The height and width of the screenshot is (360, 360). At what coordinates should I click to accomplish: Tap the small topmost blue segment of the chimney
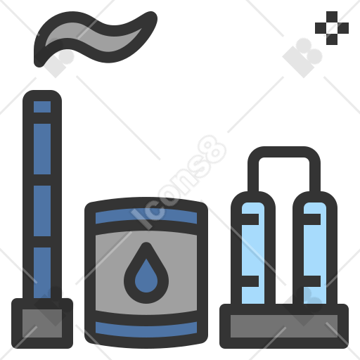[x=42, y=107]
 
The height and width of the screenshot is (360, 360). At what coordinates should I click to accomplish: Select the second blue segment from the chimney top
[x=42, y=149]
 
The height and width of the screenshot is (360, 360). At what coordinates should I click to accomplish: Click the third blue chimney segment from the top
[x=42, y=211]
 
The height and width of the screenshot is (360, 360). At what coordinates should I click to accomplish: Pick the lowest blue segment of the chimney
[x=42, y=273]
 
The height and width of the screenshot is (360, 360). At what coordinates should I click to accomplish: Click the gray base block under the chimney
[x=42, y=323]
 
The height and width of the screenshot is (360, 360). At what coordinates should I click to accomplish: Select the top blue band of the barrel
[x=146, y=216]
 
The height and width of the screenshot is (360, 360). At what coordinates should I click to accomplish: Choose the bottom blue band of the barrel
[x=146, y=330]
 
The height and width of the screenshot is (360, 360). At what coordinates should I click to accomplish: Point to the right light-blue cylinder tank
[x=315, y=253]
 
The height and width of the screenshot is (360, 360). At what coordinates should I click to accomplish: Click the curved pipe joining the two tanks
[x=284, y=152]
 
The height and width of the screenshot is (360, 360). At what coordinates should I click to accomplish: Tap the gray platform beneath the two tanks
[x=284, y=326]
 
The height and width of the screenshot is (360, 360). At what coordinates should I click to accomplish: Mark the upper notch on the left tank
[x=250, y=219]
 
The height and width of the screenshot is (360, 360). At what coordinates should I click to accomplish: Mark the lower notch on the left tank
[x=250, y=281]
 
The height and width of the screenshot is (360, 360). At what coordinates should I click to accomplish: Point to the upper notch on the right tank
[x=312, y=219]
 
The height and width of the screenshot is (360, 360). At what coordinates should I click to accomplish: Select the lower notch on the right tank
[x=312, y=281]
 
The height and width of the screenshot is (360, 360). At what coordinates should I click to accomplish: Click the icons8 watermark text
[x=179, y=182]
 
